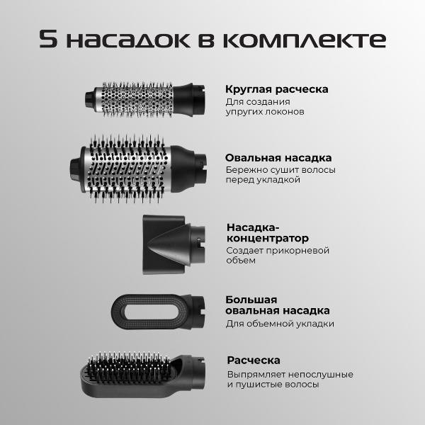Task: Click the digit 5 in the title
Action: click(x=50, y=39)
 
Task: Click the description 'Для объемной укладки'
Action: click(x=280, y=324)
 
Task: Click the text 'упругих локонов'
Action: click(x=265, y=112)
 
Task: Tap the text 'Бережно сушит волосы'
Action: click(x=280, y=170)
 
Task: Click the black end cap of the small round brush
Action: click(x=90, y=95)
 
